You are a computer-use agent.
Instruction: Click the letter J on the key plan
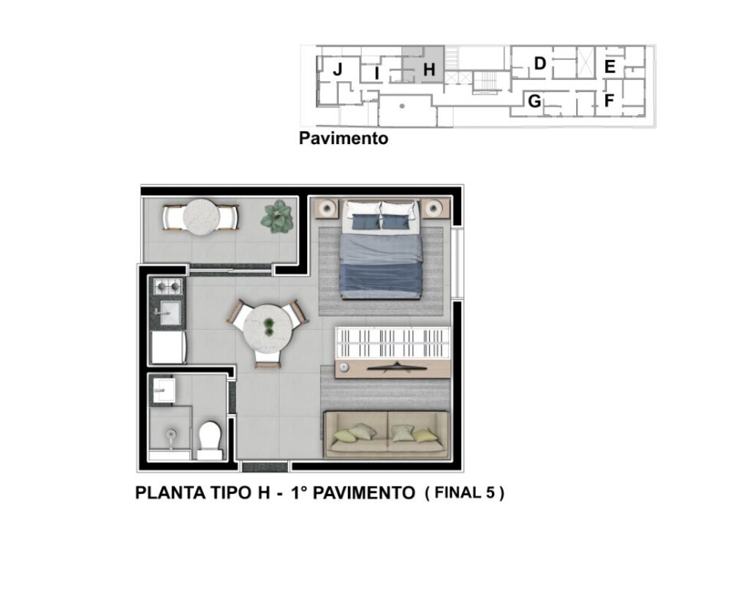[338, 70]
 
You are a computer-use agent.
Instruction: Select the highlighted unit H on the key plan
[428, 70]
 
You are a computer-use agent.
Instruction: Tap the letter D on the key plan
[539, 64]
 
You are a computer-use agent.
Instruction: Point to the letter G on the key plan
[534, 101]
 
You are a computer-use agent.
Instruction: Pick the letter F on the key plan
[608, 101]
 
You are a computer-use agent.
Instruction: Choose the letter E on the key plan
[609, 67]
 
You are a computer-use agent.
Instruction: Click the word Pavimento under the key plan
[344, 138]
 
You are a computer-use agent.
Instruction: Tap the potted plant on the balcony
[277, 217]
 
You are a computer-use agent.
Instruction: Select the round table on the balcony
[200, 217]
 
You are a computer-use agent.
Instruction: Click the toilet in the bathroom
[210, 439]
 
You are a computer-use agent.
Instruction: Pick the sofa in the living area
[386, 434]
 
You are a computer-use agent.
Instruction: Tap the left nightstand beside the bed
[327, 209]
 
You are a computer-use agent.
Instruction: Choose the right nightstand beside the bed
[436, 209]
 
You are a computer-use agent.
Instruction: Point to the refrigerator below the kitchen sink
[168, 348]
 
